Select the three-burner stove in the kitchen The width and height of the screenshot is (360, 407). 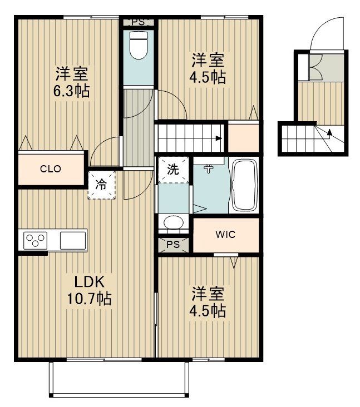coord(35,241)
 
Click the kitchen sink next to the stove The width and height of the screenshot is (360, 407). coord(72,241)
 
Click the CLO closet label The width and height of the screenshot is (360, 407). coord(50,169)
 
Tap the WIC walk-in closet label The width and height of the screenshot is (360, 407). coord(225,234)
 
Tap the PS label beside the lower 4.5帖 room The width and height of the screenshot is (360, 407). coord(173,244)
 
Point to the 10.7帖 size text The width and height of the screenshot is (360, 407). coord(89,299)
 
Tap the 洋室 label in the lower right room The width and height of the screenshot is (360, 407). coord(209,292)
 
